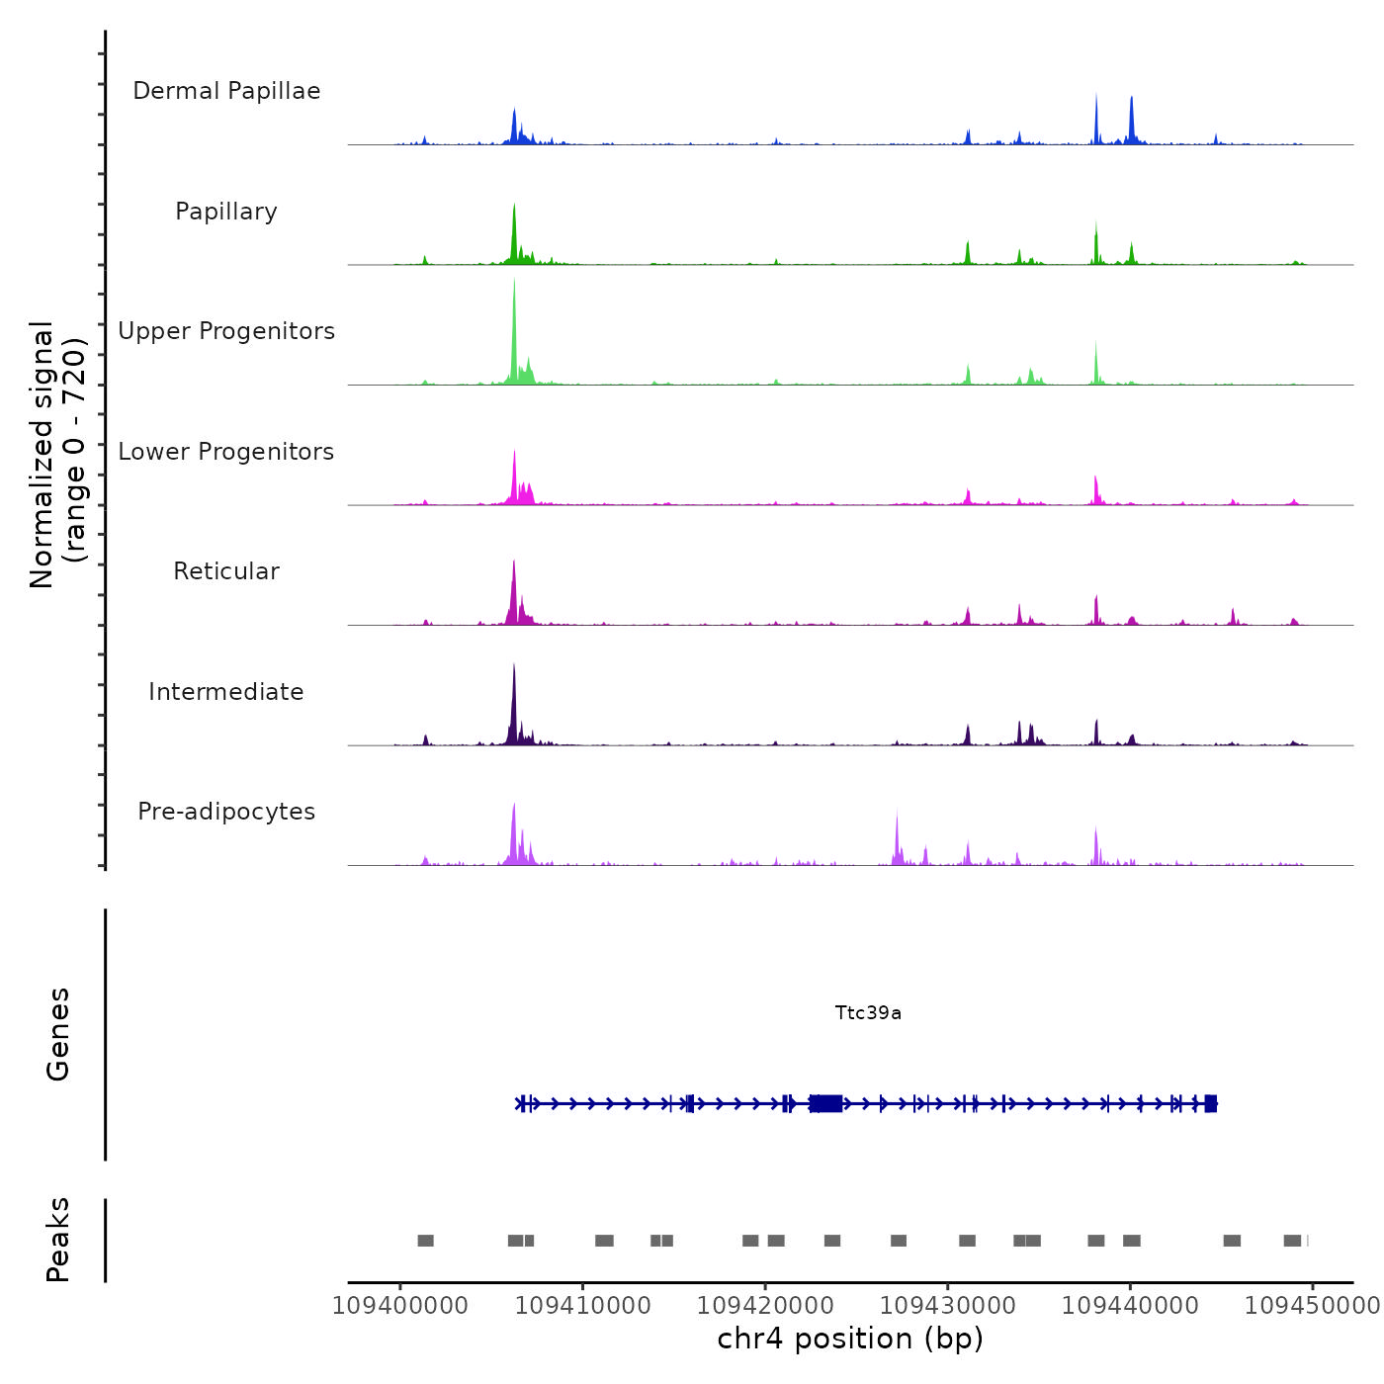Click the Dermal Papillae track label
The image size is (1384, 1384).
(226, 91)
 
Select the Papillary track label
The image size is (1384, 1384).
(226, 212)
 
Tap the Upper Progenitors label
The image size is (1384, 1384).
(226, 331)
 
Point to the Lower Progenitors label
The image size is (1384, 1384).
(226, 452)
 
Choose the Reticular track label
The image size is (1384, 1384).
(226, 571)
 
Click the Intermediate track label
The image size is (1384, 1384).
(226, 692)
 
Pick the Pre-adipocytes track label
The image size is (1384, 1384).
(226, 812)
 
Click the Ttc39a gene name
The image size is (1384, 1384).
(868, 1013)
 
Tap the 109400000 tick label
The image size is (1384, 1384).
(400, 1305)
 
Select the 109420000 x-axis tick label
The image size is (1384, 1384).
(765, 1305)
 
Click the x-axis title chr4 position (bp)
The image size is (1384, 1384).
(850, 1339)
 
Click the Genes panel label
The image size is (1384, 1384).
(58, 1034)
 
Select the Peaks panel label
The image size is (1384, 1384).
(58, 1240)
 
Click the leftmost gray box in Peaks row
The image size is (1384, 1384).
(425, 1241)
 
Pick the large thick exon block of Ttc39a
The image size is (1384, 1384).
(826, 1103)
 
